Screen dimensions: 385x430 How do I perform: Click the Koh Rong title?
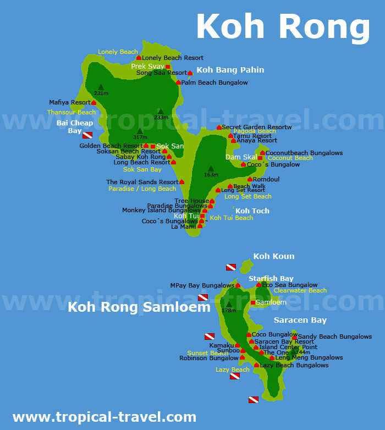point(283,26)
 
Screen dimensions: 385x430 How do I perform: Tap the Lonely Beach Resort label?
point(173,58)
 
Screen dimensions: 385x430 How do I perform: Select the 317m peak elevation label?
point(140,137)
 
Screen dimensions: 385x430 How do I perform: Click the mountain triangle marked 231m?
point(101,87)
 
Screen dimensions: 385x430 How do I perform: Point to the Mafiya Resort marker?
point(94,103)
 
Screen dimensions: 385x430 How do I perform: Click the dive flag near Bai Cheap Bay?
point(87,135)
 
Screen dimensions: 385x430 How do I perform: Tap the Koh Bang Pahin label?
point(230,70)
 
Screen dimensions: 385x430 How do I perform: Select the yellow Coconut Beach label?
point(290,158)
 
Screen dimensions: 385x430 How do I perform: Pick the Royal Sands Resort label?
point(142,182)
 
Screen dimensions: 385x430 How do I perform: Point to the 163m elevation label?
point(211,175)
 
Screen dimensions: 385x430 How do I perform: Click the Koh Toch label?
point(252,211)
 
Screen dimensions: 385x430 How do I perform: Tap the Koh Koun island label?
point(274,256)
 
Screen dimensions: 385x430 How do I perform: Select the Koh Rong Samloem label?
point(139,307)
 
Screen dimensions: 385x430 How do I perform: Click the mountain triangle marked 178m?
point(229,304)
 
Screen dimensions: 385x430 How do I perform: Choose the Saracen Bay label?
point(300,320)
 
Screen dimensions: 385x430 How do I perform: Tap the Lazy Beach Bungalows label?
point(294,365)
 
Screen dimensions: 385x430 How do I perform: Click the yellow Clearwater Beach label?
point(300,290)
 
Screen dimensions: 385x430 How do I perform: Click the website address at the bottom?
point(104,417)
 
